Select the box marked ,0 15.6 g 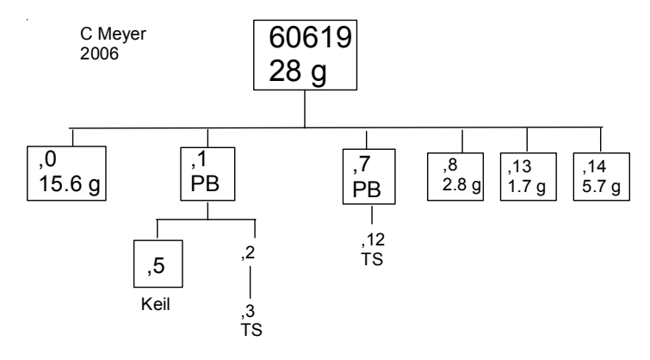click(x=67, y=172)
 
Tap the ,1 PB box click(x=207, y=173)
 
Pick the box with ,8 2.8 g click(x=461, y=171)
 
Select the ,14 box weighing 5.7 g click(x=597, y=171)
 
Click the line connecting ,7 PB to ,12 click(x=372, y=215)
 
